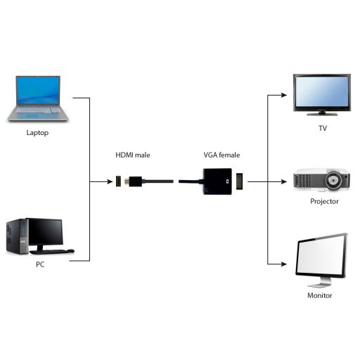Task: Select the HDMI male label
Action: pos(133,155)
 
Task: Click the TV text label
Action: pos(322,129)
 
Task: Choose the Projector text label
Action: pos(324,202)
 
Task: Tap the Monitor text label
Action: pos(320,295)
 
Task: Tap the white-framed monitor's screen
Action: pos(321,257)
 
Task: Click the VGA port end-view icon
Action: pos(239,181)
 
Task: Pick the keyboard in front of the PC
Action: pos(58,252)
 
